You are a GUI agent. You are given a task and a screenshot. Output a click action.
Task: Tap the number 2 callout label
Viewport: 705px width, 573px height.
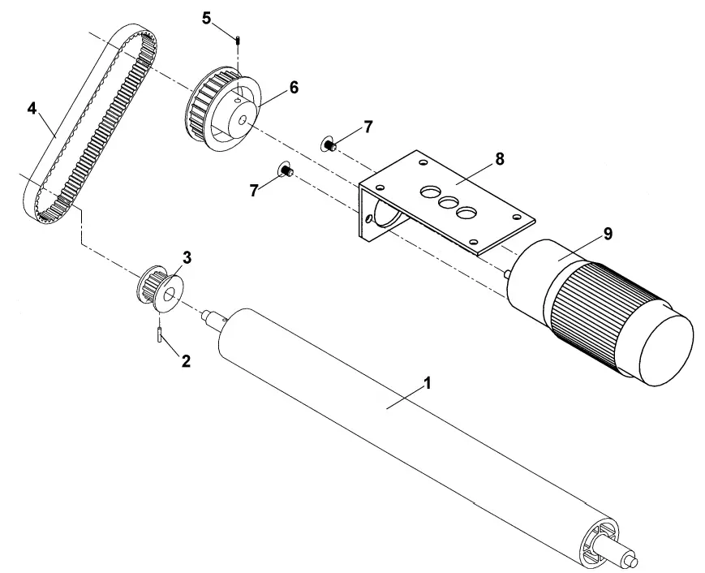click(x=186, y=361)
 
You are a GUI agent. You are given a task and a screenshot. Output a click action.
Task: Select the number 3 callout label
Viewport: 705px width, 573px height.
click(x=187, y=258)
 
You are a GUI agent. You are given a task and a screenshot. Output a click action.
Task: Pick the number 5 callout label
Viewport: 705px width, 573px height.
click(x=206, y=17)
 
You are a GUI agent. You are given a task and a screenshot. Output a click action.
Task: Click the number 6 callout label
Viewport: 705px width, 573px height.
click(x=293, y=88)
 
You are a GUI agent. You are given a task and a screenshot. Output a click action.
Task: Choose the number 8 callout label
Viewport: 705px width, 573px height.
click(x=500, y=159)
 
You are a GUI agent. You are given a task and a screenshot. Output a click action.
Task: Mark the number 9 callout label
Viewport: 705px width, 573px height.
click(x=608, y=234)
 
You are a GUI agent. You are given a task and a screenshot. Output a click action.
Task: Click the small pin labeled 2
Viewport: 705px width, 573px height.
click(x=160, y=332)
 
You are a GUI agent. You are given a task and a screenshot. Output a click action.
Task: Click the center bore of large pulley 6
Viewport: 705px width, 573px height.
click(x=242, y=121)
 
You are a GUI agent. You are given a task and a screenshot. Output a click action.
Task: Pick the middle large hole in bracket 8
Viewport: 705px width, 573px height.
click(x=446, y=202)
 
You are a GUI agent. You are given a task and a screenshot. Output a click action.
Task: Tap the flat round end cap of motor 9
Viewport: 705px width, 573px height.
click(x=665, y=349)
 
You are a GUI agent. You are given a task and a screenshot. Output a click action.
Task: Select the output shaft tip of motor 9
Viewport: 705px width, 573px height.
click(x=507, y=275)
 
